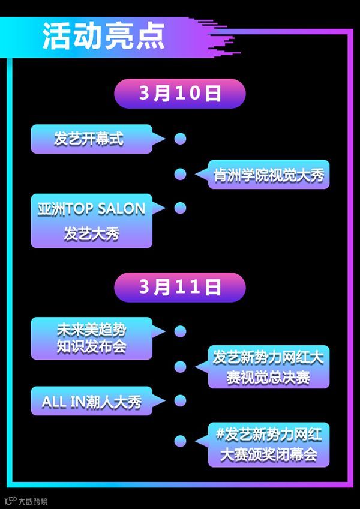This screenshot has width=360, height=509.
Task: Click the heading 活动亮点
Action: tap(103, 38)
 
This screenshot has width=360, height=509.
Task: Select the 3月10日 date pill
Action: tap(180, 94)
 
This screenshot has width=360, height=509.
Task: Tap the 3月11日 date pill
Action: tap(180, 287)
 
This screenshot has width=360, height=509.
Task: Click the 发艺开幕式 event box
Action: tap(90, 139)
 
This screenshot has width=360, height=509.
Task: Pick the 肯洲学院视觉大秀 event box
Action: tap(269, 174)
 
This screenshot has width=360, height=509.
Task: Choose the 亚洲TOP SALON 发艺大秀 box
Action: tap(91, 220)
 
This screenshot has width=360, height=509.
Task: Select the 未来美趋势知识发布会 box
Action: tap(91, 338)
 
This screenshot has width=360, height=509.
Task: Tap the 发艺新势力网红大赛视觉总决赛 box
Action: tap(269, 366)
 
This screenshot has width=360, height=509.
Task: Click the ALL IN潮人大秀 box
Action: tap(91, 402)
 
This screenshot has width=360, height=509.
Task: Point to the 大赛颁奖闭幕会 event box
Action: tap(269, 444)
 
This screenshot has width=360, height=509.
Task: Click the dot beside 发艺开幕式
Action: tap(180, 139)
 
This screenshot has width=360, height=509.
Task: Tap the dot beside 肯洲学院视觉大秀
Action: tap(180, 174)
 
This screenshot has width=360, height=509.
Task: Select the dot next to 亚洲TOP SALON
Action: tap(180, 208)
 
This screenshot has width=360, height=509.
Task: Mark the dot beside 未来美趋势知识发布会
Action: tap(180, 331)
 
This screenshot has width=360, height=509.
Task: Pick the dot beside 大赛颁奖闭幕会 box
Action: tap(180, 441)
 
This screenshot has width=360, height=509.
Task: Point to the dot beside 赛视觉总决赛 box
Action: tap(180, 366)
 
